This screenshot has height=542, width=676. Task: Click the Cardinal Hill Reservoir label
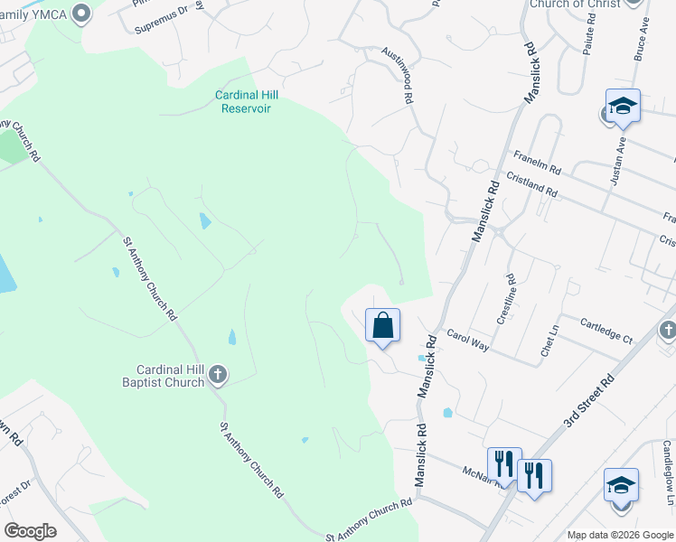(243, 101)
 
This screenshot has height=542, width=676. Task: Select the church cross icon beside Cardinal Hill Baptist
(217, 374)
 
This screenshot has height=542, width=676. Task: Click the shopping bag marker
(382, 325)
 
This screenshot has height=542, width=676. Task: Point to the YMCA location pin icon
(82, 13)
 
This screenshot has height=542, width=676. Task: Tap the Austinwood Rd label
(398, 76)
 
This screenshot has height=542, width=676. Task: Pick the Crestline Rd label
(507, 300)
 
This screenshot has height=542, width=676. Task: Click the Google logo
(31, 531)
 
